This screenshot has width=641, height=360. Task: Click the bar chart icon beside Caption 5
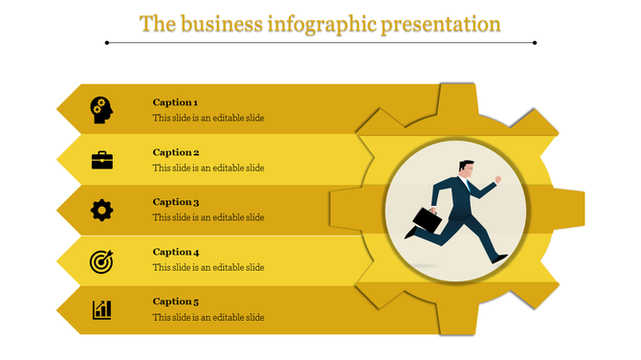[101, 309]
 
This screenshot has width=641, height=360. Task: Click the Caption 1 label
[175, 102]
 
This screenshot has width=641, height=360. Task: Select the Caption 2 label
[176, 152]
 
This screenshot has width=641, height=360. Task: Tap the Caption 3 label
[176, 202]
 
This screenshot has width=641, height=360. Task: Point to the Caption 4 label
[176, 252]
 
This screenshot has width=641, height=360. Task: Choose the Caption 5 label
[176, 302]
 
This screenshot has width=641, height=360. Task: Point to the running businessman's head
[465, 168]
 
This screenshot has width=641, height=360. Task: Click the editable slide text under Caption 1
[209, 119]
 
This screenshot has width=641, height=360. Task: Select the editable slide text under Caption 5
[209, 318]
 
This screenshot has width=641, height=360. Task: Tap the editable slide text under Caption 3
[209, 218]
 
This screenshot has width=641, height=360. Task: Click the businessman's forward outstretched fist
[497, 179]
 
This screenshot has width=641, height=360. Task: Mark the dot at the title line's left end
[106, 43]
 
